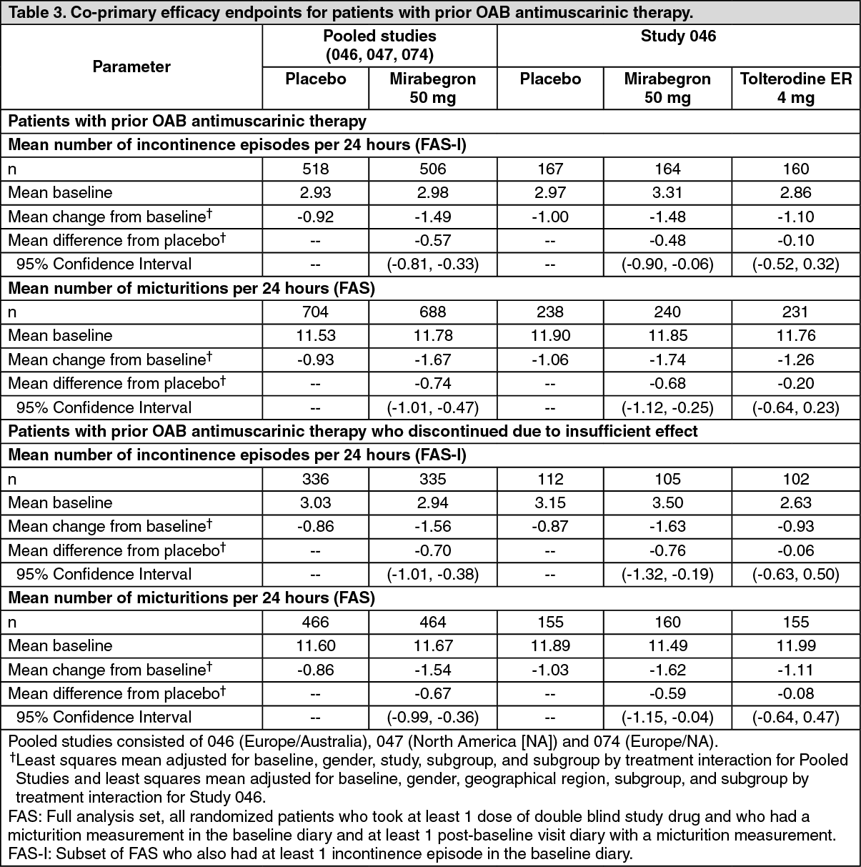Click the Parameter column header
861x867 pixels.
131,67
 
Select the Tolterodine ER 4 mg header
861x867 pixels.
795,88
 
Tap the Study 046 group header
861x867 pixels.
678,36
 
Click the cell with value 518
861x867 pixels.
316,169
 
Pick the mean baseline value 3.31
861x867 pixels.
667,192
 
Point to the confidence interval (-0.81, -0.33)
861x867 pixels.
432,264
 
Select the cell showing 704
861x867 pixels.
316,312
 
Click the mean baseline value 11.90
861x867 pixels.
550,335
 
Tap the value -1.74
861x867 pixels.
667,360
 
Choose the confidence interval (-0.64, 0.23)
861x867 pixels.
795,407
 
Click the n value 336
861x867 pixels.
316,479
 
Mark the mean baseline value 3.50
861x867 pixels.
667,502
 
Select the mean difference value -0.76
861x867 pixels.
667,550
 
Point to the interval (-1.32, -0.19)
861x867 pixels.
667,574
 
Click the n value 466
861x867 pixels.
316,622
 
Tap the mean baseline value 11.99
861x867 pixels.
795,645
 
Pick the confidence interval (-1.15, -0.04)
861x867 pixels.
667,717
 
